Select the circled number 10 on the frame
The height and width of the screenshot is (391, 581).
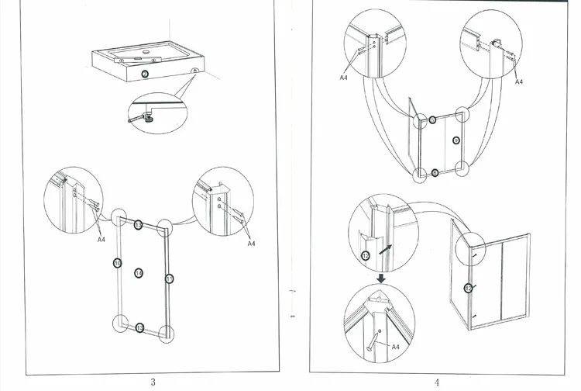click(x=117, y=263)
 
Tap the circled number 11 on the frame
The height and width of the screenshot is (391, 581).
click(x=169, y=278)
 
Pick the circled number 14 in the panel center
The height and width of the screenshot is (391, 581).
click(x=139, y=273)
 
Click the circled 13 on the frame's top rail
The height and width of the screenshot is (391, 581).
click(x=138, y=225)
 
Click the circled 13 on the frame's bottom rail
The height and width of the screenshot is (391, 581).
click(x=139, y=328)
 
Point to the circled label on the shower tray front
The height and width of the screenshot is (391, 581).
click(x=145, y=74)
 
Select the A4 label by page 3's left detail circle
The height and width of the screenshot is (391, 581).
click(x=101, y=240)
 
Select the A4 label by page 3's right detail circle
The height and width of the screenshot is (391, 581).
click(x=250, y=243)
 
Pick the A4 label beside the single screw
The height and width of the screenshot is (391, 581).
click(x=394, y=344)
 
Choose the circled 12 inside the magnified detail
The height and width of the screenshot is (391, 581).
click(x=366, y=255)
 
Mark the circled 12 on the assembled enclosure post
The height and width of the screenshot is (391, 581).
click(x=468, y=288)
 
